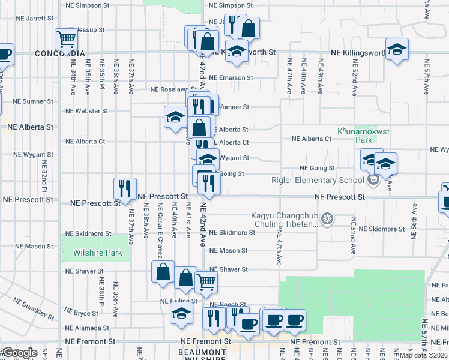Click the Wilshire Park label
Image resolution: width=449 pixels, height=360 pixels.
coord(98,253)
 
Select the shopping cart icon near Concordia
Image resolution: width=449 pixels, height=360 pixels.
coord(66,40)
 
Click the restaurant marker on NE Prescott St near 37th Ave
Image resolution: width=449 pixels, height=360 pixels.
coord(125,188)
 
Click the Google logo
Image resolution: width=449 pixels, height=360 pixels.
coord(19,353)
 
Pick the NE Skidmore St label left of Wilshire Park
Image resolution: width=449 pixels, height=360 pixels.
coord(88,233)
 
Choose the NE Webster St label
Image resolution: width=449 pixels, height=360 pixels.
coord(87,111)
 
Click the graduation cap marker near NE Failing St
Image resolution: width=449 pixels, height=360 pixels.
coord(181,314)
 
